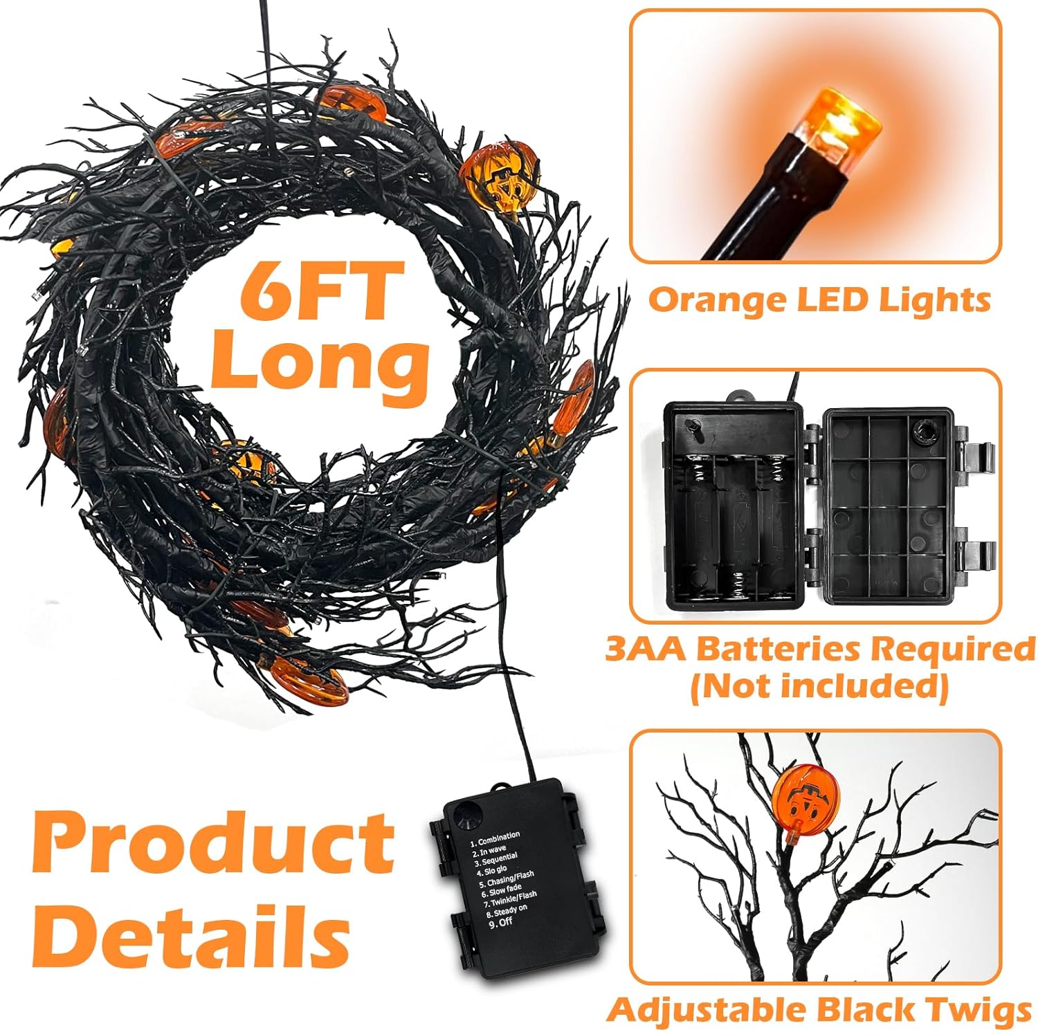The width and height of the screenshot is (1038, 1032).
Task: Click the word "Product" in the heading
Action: click(213, 845)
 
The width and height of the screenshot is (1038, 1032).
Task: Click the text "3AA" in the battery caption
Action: click(646, 649)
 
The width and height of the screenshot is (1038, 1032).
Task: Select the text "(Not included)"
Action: click(819, 686)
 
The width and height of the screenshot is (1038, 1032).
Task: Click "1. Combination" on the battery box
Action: click(494, 839)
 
